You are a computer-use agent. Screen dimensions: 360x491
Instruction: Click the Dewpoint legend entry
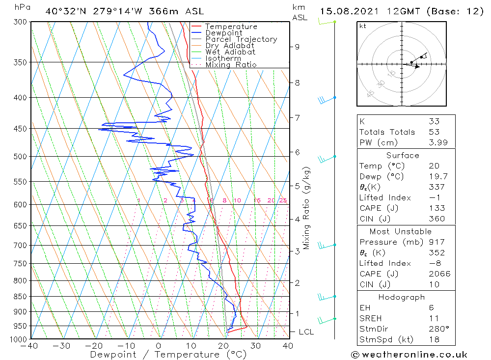tap(223, 33)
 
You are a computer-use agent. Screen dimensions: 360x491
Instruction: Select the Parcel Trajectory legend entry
tap(241, 39)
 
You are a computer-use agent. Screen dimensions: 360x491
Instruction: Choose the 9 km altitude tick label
tap(297, 47)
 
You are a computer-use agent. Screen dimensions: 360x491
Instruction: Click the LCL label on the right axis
tap(306, 332)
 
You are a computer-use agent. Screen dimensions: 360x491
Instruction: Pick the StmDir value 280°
tap(438, 329)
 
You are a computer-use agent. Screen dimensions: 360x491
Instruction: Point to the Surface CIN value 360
tap(436, 219)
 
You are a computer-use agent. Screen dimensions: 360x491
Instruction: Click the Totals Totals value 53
tap(434, 132)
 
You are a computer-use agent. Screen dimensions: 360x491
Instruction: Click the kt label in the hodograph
tap(362, 26)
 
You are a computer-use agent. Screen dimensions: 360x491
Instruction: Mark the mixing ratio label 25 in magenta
tap(283, 200)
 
